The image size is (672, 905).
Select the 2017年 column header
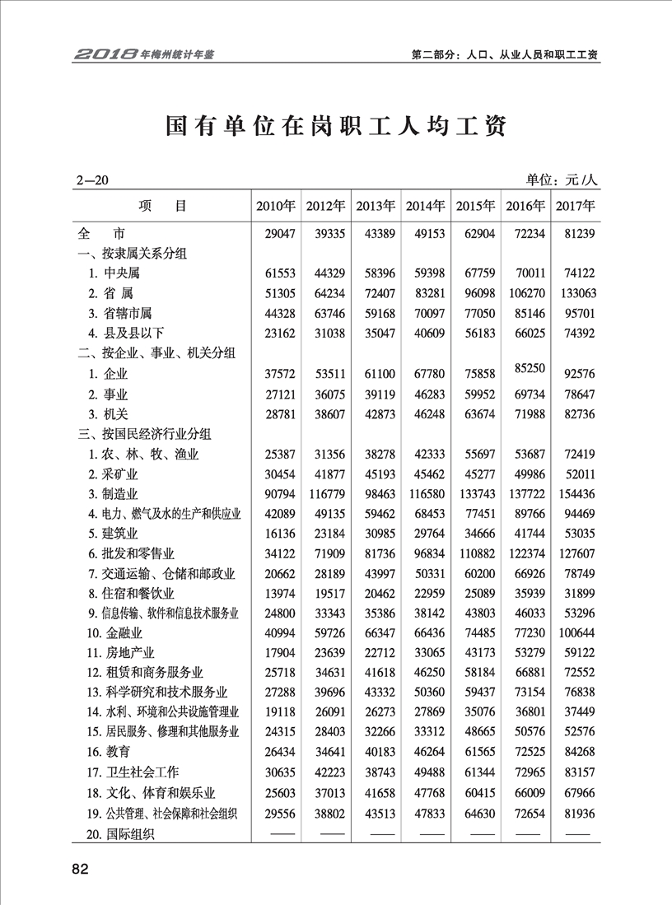[x=576, y=206]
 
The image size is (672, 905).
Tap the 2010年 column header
[x=276, y=206]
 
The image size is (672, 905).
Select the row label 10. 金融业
[x=115, y=632]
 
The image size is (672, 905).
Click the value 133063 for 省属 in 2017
[x=576, y=293]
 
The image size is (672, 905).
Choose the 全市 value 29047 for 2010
[x=276, y=234]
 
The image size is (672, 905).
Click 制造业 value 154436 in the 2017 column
[x=576, y=493]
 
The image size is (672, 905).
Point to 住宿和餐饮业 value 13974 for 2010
[x=276, y=593]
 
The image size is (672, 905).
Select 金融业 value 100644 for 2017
[x=576, y=632]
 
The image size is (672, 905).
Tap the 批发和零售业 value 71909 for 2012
[x=327, y=553]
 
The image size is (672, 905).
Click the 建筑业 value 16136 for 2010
[x=276, y=533]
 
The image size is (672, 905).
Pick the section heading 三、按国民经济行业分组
[x=144, y=433]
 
